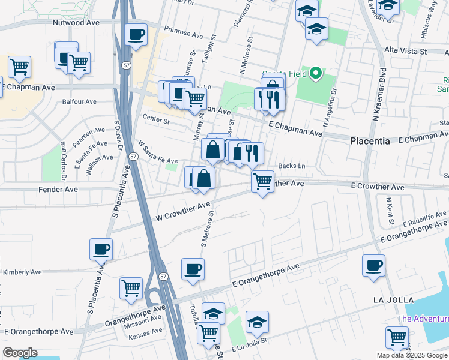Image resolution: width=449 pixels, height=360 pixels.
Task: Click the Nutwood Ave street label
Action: [x=76, y=22]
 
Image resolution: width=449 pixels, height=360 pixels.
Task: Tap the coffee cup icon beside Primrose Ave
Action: [x=136, y=35]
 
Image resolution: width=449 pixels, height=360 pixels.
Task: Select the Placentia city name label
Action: [x=370, y=140]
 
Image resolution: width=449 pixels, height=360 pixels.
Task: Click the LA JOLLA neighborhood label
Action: [x=393, y=299]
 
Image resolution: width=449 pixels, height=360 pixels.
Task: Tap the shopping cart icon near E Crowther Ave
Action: [x=262, y=181]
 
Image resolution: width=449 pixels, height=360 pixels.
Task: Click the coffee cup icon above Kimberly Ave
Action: [x=101, y=248]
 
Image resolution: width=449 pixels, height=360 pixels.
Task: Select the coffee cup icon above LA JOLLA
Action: [x=373, y=265]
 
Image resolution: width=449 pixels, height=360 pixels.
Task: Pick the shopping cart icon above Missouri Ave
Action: [x=131, y=287]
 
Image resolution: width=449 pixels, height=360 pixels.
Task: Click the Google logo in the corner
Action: [x=20, y=353]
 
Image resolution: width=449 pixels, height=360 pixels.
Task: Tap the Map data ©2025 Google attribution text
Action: [x=412, y=355]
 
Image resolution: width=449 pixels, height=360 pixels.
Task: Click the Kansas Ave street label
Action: [x=145, y=331]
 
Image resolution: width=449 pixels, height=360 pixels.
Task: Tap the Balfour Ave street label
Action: [x=79, y=101]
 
